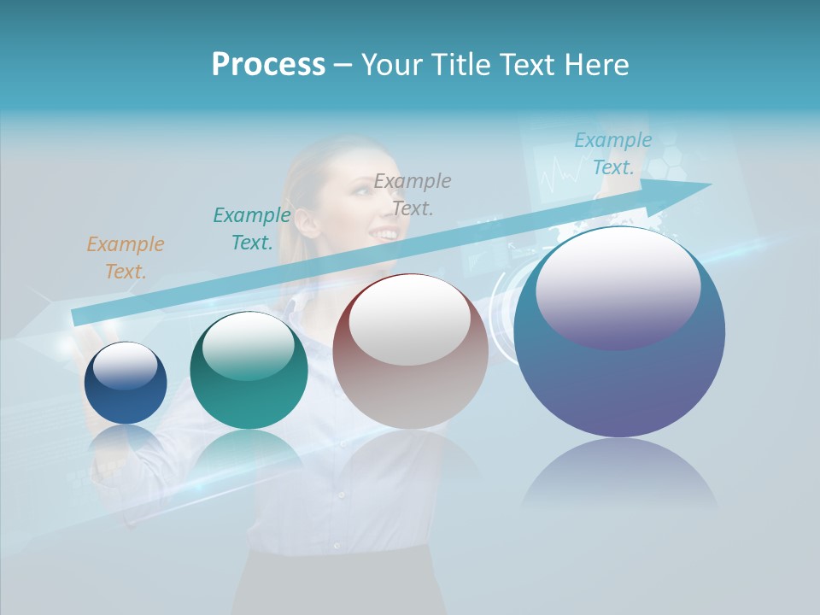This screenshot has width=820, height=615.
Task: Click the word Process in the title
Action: click(x=268, y=64)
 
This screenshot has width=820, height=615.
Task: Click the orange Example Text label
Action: click(x=125, y=257)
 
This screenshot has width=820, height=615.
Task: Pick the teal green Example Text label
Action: click(x=251, y=228)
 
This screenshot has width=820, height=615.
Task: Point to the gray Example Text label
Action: click(x=412, y=194)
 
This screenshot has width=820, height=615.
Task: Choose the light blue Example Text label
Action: click(x=612, y=154)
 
